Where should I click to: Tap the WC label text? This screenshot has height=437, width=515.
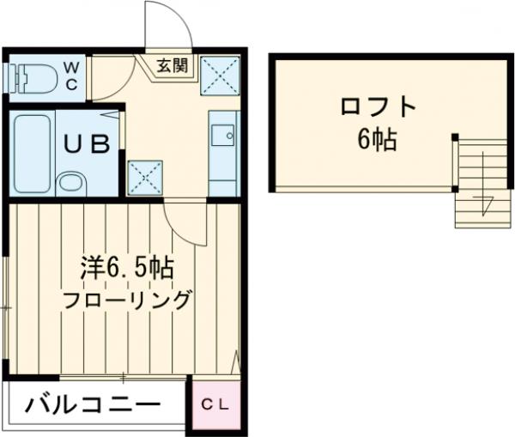click(72, 75)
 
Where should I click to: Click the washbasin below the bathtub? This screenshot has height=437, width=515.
click(70, 182)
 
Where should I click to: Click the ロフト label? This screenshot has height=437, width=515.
click(378, 108)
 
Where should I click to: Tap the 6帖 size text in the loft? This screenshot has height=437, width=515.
click(378, 140)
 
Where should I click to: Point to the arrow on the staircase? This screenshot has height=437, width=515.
click(486, 204)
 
